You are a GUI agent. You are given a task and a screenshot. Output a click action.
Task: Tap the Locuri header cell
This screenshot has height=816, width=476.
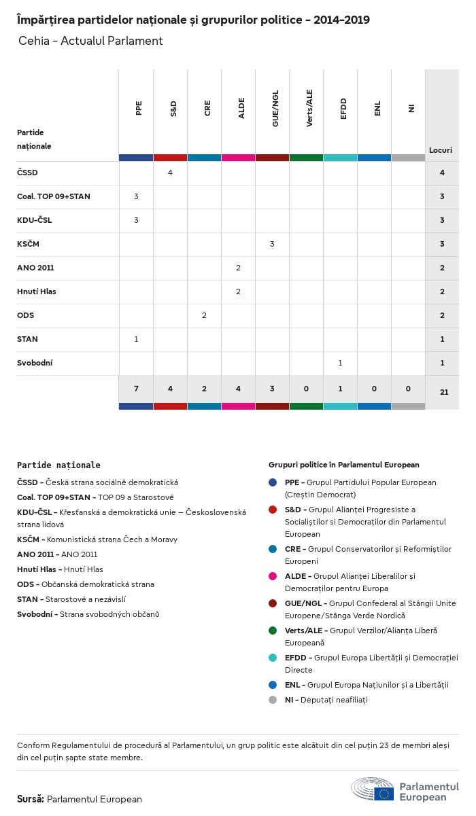click(x=441, y=150)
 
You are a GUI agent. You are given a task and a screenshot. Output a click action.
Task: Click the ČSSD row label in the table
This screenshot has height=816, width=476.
click(x=27, y=173)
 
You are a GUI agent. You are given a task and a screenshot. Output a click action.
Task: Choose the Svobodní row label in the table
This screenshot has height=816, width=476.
click(x=35, y=363)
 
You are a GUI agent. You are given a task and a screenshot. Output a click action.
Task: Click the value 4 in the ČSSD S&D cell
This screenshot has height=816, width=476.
click(x=170, y=173)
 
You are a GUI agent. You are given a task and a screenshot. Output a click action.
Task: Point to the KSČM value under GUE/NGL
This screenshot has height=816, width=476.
click(x=272, y=244)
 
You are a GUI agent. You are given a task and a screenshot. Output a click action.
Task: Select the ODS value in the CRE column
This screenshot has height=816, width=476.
click(x=204, y=315)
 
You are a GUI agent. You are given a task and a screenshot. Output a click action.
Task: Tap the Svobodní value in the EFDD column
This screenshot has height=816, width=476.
click(x=340, y=363)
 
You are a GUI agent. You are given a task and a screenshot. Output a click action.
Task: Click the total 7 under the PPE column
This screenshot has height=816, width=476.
click(x=136, y=389)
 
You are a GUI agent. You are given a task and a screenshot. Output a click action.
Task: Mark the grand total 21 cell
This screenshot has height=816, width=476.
click(x=442, y=392)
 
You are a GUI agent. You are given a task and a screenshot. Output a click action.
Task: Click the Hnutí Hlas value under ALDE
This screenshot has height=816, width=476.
click(x=238, y=291)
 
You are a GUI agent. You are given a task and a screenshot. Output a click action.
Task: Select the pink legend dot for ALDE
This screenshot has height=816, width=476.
click(x=273, y=576)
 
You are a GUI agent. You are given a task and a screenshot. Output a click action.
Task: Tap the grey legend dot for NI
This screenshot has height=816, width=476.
click(x=273, y=700)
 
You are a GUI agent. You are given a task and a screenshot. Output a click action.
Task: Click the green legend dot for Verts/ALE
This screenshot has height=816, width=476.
click(x=273, y=631)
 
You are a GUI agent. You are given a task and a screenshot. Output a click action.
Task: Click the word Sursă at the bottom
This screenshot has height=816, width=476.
click(x=31, y=799)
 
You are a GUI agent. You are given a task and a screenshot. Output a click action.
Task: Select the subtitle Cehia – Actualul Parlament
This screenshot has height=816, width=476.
click(x=90, y=41)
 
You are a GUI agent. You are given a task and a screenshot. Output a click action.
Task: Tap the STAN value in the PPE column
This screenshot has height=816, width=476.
click(x=136, y=339)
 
